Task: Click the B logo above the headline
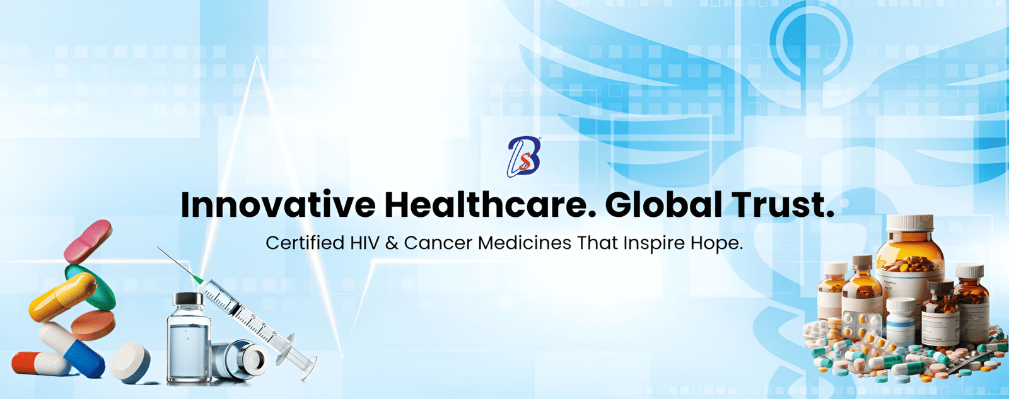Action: [524, 157]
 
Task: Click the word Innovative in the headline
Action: [278, 205]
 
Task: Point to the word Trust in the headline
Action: [778, 205]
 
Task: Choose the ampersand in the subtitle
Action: [392, 243]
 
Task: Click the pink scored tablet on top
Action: [88, 241]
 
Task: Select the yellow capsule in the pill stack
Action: [62, 298]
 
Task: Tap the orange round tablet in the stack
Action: [93, 325]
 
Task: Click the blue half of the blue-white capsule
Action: [85, 359]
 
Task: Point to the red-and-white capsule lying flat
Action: [40, 364]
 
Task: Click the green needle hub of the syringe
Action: [197, 279]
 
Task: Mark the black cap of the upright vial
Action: [189, 299]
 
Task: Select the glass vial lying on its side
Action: [241, 361]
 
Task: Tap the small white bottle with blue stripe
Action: [901, 321]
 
